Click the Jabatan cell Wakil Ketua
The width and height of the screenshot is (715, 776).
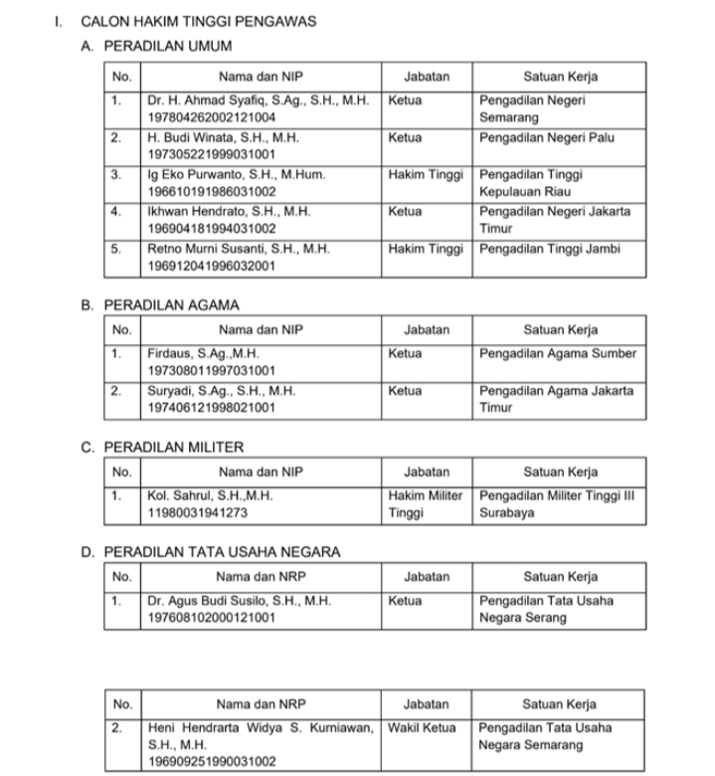(423, 727)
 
